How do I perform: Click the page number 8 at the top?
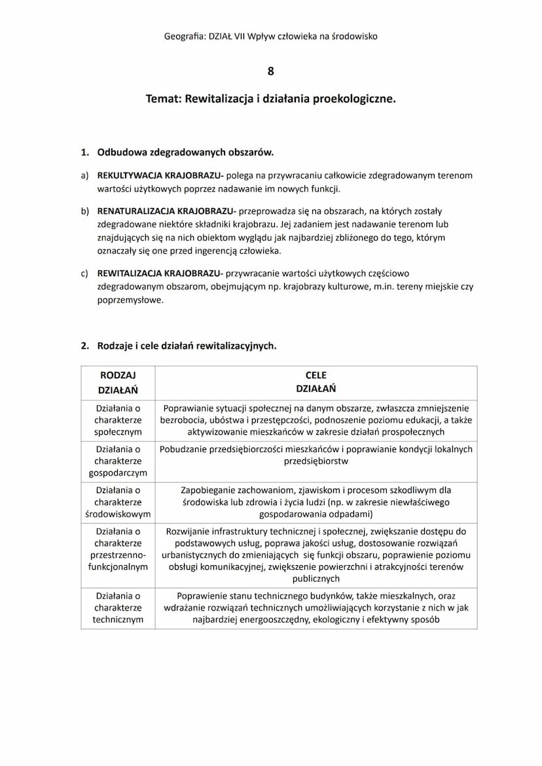point(271,71)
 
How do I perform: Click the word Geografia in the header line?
point(184,37)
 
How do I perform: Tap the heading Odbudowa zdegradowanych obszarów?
point(185,152)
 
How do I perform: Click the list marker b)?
point(84,211)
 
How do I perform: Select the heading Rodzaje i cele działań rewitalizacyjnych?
point(187,346)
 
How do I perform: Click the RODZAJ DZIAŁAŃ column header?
point(118,382)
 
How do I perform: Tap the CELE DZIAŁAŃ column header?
point(316,382)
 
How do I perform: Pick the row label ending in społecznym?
point(118,419)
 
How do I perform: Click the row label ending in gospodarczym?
point(118,461)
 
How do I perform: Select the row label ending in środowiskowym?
point(118,502)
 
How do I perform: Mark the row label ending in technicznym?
point(118,608)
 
